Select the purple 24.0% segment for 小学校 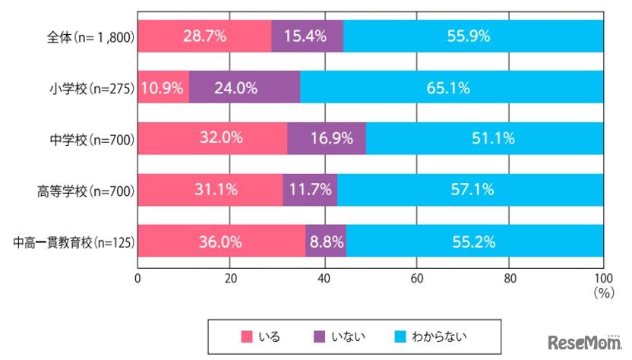244,87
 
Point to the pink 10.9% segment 163,87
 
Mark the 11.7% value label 309,190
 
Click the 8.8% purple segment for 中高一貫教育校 326,242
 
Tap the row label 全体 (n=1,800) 90,36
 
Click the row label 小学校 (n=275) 90,88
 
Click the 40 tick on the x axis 324,277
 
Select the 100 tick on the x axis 602,277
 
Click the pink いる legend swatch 245,336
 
